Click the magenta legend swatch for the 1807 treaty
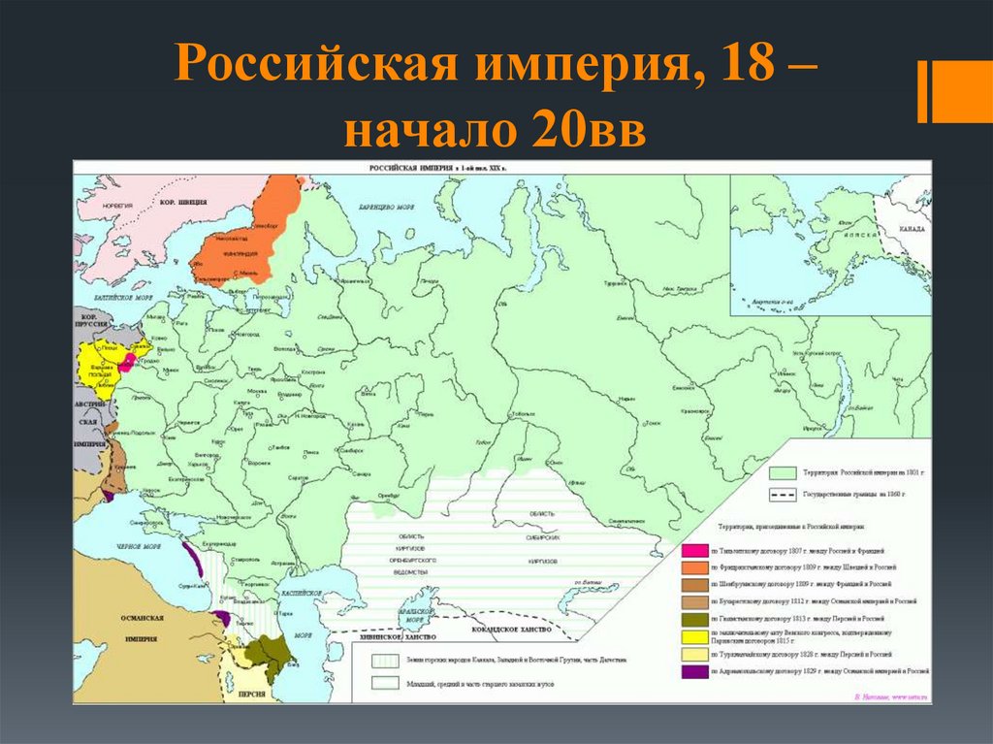(x=694, y=548)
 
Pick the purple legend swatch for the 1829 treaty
(x=694, y=670)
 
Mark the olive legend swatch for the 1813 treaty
(x=694, y=618)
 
